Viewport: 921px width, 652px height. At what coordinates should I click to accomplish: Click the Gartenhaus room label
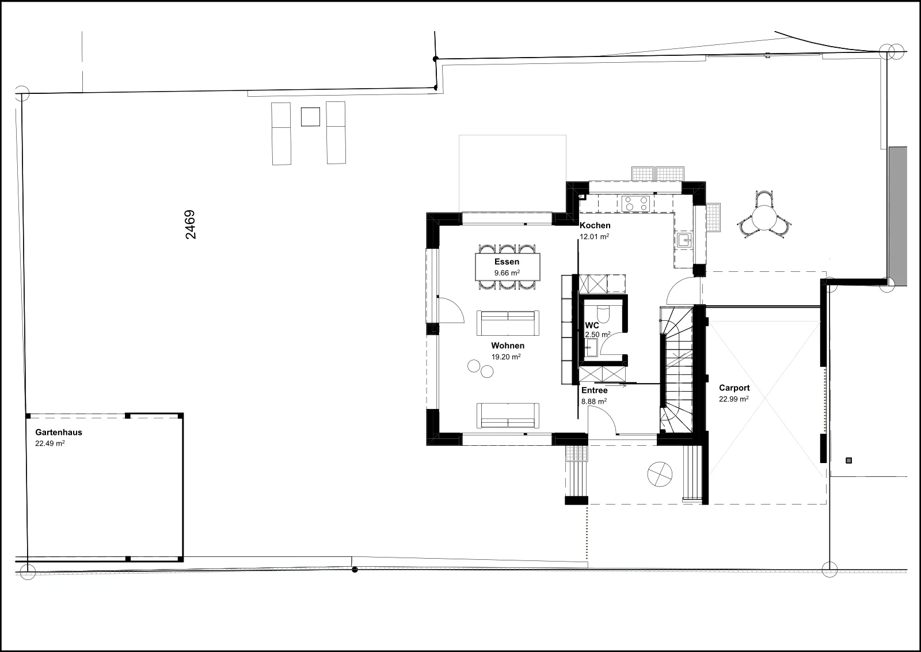pos(59,433)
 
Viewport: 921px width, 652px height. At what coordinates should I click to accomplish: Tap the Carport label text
pos(734,388)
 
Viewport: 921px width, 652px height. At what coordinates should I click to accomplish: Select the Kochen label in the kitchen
pos(595,225)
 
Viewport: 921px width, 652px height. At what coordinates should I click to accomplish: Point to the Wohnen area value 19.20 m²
pos(506,357)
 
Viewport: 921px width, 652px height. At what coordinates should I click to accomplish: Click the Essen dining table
pos(507,267)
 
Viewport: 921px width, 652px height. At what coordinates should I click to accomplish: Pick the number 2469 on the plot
pos(191,225)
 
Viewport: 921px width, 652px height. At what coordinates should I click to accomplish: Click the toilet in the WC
pos(604,314)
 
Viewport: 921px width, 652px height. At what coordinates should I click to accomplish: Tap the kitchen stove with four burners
pos(635,204)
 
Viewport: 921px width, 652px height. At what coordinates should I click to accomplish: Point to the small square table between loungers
pos(310,117)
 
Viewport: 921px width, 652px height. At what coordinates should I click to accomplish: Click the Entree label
pos(594,391)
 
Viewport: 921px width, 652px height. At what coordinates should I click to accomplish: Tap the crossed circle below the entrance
pos(660,474)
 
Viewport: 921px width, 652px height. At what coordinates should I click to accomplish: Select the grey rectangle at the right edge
pos(897,217)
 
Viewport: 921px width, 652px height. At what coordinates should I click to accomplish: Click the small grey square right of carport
pos(848,461)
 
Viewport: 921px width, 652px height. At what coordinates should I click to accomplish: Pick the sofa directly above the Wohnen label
pos(508,323)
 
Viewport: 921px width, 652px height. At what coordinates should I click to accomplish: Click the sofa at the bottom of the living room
pos(508,415)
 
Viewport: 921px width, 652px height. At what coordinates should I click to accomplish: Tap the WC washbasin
pos(592,347)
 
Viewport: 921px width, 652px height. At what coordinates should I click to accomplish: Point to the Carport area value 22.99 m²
pos(734,399)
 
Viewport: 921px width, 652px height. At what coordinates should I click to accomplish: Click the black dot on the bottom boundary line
pos(355,570)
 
